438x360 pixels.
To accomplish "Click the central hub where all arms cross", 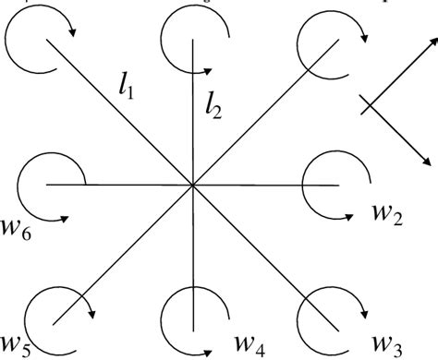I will pyautogui.click(x=192, y=185).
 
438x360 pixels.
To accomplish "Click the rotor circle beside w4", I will pyautogui.click(x=192, y=315).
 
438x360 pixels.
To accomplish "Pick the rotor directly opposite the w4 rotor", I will pyautogui.click(x=189, y=37).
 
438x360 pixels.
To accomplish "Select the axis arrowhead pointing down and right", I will pyautogui.click(x=428, y=159).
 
